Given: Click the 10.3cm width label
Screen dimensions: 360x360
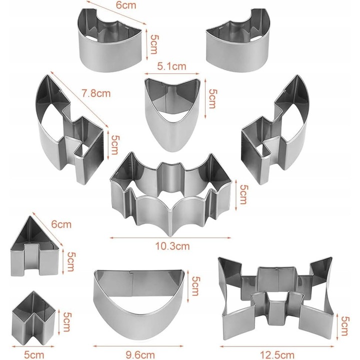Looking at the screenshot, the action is click(172, 246).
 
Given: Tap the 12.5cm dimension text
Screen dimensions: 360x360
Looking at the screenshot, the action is click(277, 355).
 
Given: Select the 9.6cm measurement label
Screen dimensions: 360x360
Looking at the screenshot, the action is click(140, 355).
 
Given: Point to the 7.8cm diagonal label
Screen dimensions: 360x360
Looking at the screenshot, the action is click(96, 93).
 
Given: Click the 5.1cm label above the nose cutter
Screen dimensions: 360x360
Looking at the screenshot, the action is click(171, 66).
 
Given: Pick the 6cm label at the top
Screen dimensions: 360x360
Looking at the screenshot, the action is click(126, 5).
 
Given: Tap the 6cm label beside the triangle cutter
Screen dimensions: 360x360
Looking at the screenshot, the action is click(61, 224).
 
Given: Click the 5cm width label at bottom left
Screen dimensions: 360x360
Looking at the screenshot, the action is click(34, 355).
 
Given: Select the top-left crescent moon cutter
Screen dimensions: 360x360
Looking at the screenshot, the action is click(110, 40).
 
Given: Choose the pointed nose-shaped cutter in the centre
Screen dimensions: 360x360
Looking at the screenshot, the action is click(172, 115).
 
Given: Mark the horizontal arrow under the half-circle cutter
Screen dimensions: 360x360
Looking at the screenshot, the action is click(138, 346).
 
